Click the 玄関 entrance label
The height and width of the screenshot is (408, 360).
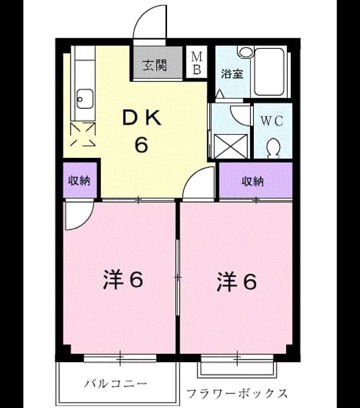155,65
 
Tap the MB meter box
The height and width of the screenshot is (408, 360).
197,62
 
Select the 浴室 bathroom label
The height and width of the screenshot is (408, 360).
232,74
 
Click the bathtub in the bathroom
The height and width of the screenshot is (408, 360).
269,71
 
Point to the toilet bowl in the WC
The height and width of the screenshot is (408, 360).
273,148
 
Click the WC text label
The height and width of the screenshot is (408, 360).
272,120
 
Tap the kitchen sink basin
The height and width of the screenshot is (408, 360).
85,99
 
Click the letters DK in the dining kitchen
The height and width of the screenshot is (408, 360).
142,119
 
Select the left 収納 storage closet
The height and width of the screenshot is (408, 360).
80,180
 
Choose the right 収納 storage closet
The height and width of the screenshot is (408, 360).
256,180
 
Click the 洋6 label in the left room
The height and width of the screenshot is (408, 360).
123,280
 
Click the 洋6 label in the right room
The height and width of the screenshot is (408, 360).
236,281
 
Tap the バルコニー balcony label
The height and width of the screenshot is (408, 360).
115,383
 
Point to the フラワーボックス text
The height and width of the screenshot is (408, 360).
237,394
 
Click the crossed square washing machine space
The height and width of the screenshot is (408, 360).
231,146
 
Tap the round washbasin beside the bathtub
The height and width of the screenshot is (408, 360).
245,52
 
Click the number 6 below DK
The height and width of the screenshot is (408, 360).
142,144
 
